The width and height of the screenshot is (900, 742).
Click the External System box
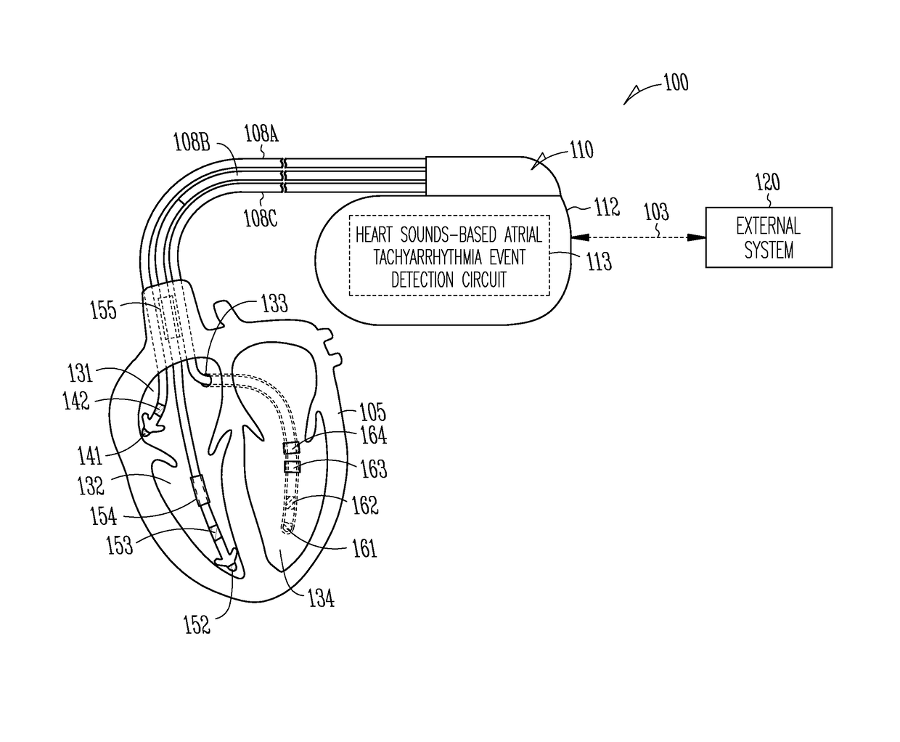769,237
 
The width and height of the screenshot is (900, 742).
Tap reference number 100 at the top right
675,83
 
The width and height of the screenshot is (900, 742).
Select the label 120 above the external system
766,182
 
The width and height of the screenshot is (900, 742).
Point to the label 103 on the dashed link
656,212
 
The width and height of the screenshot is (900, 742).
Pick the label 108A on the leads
261,134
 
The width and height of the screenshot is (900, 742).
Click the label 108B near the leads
192,142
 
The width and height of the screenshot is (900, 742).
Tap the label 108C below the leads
260,218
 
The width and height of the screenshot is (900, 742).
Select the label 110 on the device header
581,150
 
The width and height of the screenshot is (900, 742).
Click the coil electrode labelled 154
200,491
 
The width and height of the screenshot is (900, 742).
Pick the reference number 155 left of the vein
102,310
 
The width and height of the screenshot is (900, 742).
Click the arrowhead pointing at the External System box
698,237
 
